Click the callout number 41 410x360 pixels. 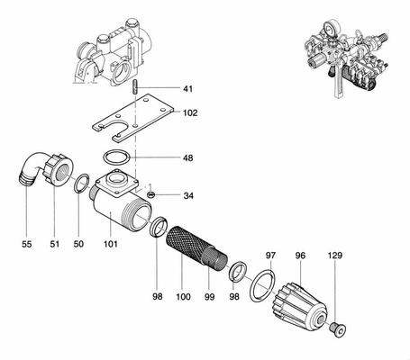(188, 89)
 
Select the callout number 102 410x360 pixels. (190, 112)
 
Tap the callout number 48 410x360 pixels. (188, 157)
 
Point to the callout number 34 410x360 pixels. (188, 195)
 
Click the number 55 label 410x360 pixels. (26, 244)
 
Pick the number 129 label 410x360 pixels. (335, 256)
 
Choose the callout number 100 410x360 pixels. (183, 297)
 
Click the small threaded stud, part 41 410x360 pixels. (135, 86)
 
